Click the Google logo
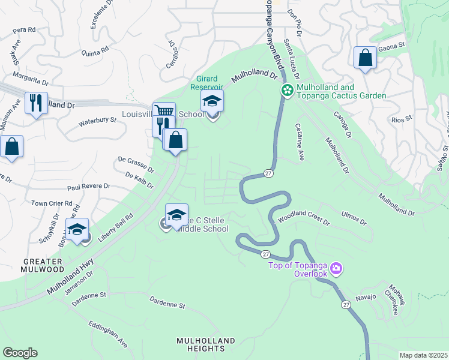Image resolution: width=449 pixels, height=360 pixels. coord(20,353)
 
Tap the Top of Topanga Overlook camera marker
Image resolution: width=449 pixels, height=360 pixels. coord(336,268)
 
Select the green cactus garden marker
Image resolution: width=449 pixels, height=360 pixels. coord(288,91)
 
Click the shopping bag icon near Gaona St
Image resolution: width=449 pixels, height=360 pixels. coord(365,58)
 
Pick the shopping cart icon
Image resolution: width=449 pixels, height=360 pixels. coord(164,112)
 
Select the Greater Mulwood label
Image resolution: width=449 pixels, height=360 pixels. coord(42,266)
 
